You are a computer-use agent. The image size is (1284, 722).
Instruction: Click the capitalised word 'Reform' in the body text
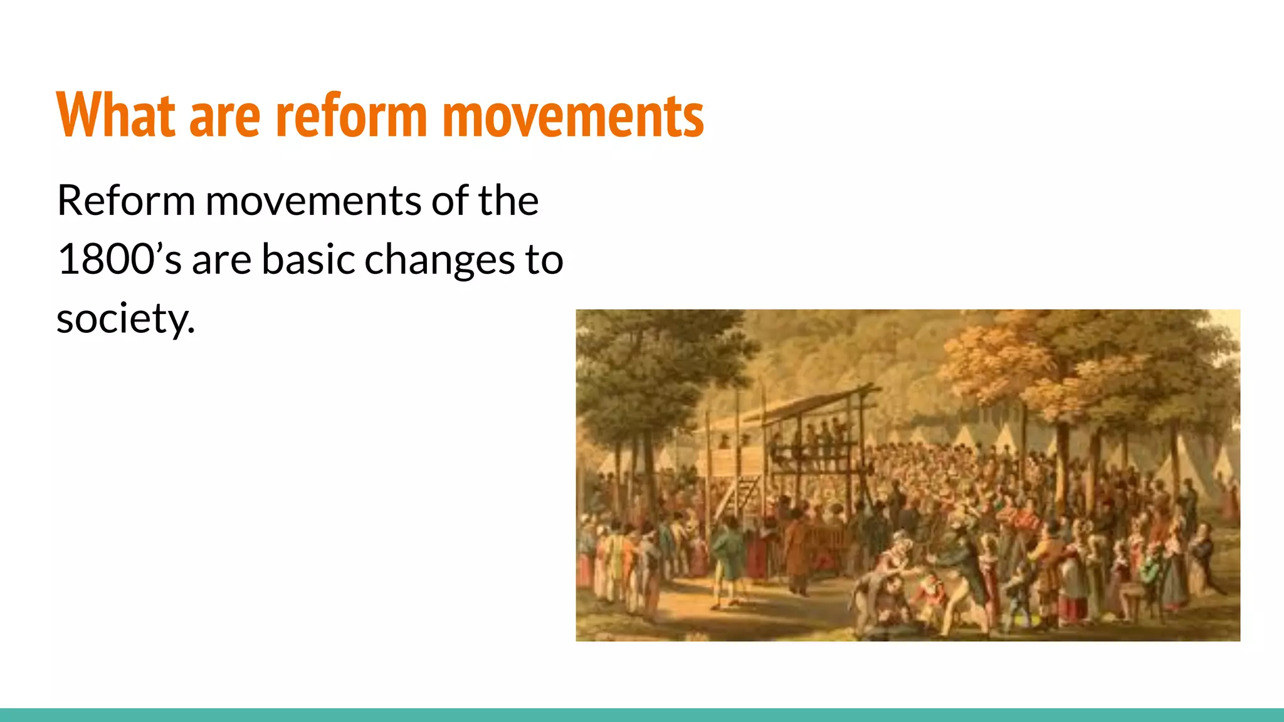coord(125,201)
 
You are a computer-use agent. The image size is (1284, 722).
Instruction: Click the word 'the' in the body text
coord(508,201)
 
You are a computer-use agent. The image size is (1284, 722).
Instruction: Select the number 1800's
coord(119,259)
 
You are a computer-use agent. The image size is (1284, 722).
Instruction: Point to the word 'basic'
coord(308,259)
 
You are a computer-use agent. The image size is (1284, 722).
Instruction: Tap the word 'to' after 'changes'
coord(544,259)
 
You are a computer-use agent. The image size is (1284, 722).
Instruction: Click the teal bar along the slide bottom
coord(642,714)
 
